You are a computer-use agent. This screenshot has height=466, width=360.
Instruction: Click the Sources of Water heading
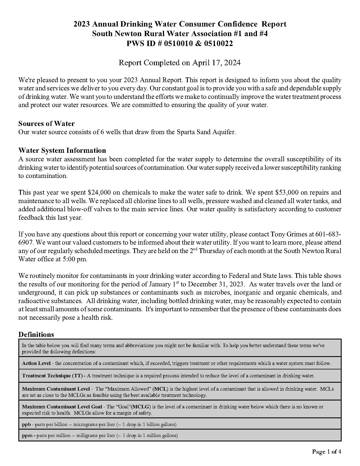click(x=47, y=123)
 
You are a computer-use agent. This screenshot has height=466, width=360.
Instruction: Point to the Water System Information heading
click(x=62, y=150)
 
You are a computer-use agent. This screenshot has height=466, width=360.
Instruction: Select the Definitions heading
click(x=36, y=334)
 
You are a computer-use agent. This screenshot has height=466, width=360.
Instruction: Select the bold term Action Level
click(x=36, y=363)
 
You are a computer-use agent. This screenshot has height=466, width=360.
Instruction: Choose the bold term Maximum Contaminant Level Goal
click(x=62, y=407)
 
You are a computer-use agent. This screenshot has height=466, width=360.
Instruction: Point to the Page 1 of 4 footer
click(x=326, y=452)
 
